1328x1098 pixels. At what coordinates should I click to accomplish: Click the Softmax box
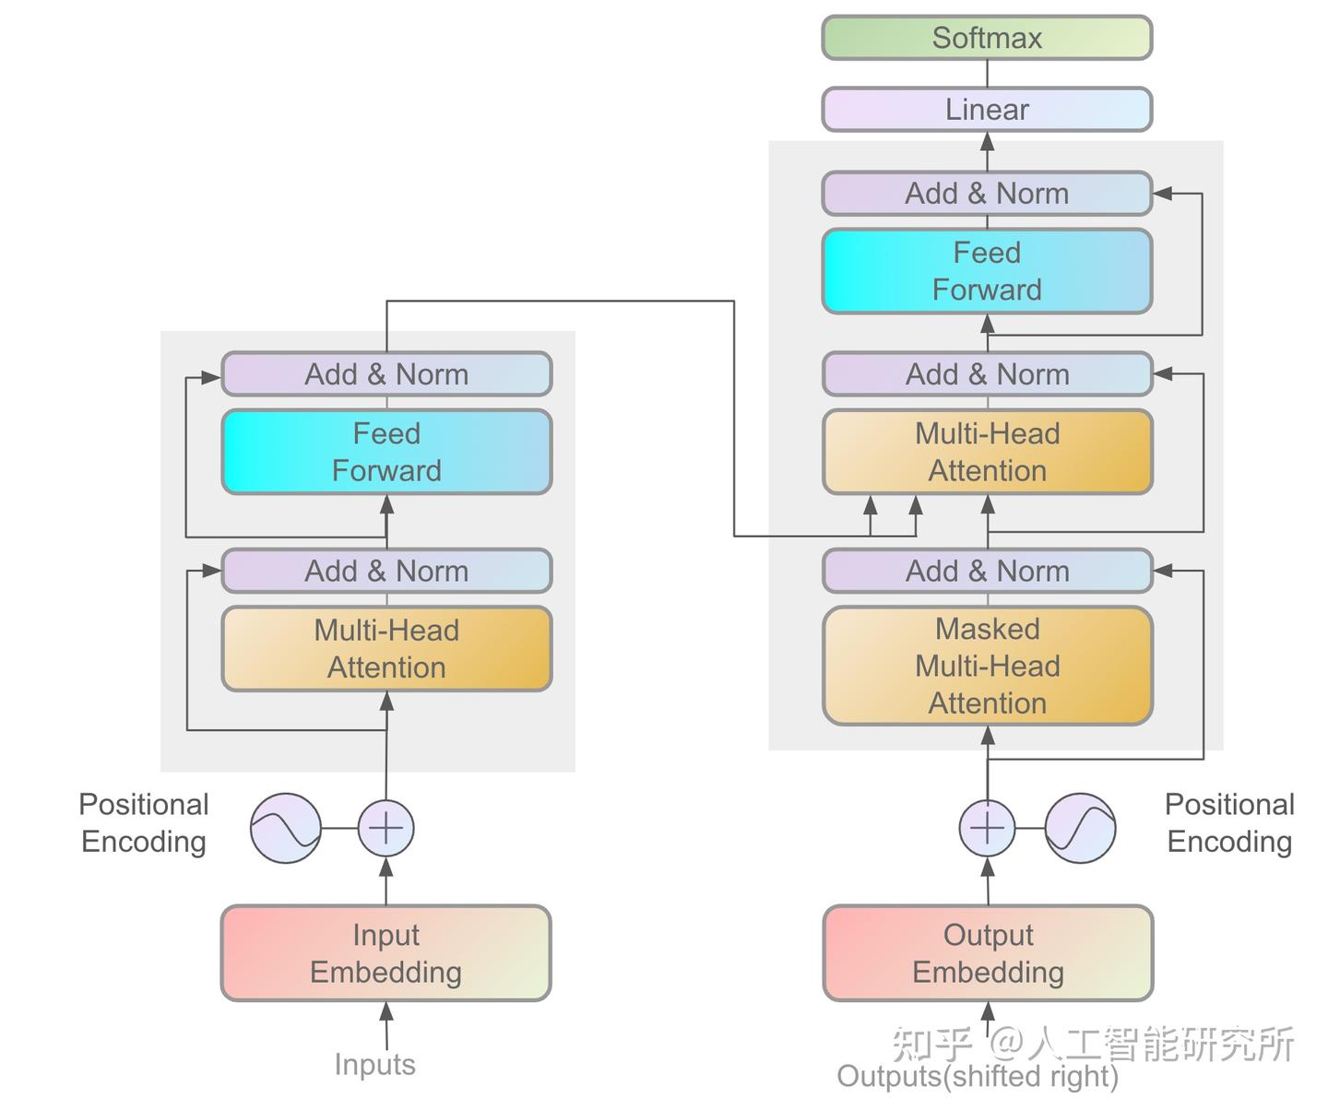[x=987, y=38]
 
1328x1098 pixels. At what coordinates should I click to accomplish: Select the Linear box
[x=987, y=110]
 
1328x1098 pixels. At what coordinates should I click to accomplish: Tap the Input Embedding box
[x=385, y=953]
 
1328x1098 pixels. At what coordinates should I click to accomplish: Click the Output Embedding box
[x=988, y=953]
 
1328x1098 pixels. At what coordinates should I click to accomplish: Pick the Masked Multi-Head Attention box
[x=988, y=666]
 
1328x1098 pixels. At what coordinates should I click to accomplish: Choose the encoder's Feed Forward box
[x=386, y=452]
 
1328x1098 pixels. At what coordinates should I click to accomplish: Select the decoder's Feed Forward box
[x=987, y=271]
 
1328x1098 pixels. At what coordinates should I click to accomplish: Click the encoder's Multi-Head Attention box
[x=386, y=648]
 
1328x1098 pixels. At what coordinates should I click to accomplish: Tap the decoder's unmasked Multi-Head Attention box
[x=988, y=452]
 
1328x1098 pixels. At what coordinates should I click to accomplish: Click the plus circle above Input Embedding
[x=385, y=828]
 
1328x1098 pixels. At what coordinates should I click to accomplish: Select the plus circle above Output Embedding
[x=987, y=828]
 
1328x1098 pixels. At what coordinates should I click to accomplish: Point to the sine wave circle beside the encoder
[x=286, y=828]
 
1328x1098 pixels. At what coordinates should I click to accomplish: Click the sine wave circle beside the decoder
[x=1080, y=828]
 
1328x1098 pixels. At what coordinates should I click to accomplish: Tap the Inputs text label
[x=374, y=1064]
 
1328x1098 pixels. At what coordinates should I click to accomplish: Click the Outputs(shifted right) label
[x=978, y=1076]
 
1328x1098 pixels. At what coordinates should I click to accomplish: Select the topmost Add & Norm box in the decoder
[x=987, y=194]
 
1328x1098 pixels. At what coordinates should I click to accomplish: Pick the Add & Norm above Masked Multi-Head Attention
[x=988, y=571]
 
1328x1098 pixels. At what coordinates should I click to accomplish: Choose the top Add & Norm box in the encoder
[x=386, y=374]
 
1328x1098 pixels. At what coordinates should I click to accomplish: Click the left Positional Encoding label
[x=144, y=822]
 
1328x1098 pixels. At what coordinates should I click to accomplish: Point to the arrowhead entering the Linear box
[x=987, y=141]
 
